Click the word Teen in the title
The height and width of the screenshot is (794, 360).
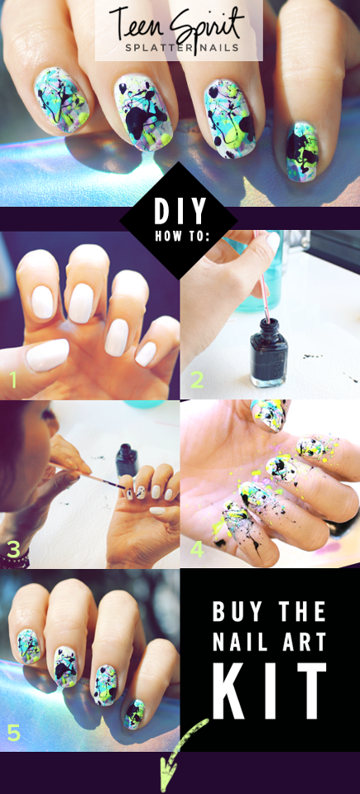pyautogui.click(x=136, y=24)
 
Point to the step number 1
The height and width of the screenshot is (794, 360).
pyautogui.click(x=12, y=380)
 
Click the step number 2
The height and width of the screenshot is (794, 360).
pyautogui.click(x=197, y=380)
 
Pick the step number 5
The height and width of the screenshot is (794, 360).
pyautogui.click(x=14, y=732)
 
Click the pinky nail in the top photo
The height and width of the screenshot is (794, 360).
pyautogui.click(x=302, y=151)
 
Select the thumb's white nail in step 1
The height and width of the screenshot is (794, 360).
pyautogui.click(x=47, y=355)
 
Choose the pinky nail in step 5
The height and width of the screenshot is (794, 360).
pyautogui.click(x=134, y=714)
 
